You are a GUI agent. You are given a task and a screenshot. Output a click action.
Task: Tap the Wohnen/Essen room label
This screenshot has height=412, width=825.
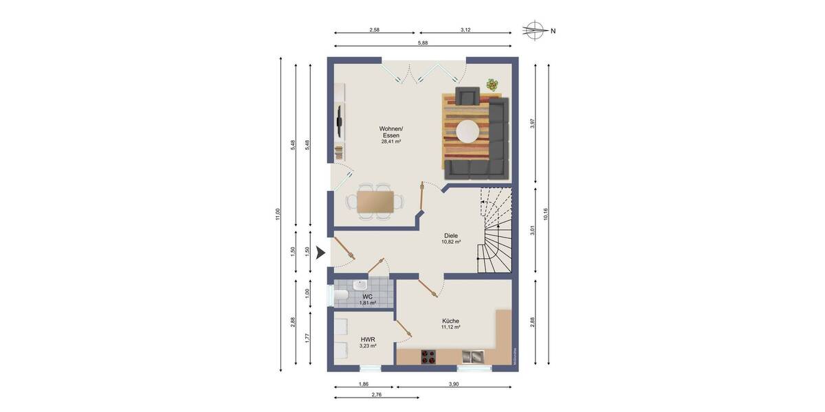(391, 135)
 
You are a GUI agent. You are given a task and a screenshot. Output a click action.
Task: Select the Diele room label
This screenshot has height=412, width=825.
(451, 238)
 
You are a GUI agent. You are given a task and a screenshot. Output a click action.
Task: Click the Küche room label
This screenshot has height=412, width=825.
(450, 323)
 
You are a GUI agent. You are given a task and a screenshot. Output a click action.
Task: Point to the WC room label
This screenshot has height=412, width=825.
(368, 299)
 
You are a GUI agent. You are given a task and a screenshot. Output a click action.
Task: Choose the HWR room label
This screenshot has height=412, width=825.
(368, 342)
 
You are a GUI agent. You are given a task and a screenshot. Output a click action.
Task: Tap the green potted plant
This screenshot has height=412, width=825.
(492, 84)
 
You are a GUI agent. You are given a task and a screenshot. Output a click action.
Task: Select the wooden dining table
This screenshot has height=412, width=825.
(375, 201)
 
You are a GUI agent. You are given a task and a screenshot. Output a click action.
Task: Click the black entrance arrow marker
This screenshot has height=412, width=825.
(320, 253)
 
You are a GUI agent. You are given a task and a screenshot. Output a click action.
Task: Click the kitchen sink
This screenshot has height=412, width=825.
(472, 356)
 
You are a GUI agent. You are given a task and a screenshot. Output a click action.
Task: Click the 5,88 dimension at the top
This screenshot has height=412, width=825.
(422, 43)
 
